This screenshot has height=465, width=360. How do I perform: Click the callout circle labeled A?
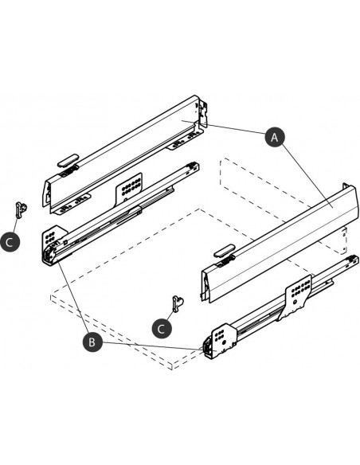[275, 137]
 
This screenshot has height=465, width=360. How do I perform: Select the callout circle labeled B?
[92, 342]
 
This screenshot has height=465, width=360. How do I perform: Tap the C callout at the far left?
[10, 242]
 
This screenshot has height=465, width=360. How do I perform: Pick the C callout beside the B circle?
[162, 328]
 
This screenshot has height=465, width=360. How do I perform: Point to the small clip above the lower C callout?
[178, 303]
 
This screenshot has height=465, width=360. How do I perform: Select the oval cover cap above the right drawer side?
[224, 251]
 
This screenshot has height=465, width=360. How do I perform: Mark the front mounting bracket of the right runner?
[221, 341]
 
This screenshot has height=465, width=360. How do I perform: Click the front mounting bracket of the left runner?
[54, 244]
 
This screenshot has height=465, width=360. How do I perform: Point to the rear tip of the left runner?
[192, 166]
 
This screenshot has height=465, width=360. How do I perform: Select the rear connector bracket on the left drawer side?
[202, 114]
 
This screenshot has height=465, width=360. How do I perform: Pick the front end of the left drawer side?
[47, 194]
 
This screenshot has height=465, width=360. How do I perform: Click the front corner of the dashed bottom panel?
[172, 366]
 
